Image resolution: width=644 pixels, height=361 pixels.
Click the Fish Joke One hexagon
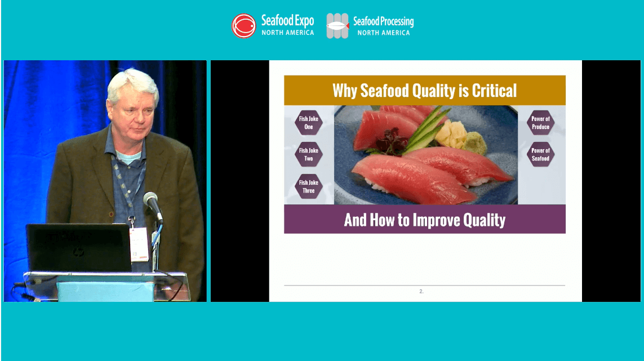click(x=309, y=123)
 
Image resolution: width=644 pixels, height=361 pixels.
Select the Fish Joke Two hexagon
click(x=309, y=154)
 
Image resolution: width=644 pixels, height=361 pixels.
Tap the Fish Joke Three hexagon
click(x=309, y=186)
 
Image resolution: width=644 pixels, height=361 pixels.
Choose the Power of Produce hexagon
click(x=540, y=123)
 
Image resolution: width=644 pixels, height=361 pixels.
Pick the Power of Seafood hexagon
click(x=540, y=154)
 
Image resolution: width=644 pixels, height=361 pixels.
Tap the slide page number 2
click(x=421, y=291)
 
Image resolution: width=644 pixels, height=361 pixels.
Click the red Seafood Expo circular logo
click(x=244, y=26)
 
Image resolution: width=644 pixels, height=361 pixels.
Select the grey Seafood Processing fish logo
click(x=337, y=26)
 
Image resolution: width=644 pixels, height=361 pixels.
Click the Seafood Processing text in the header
click(x=383, y=22)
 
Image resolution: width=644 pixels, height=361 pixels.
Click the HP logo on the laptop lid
click(x=78, y=252)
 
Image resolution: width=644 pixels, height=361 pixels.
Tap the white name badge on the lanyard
click(x=138, y=243)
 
